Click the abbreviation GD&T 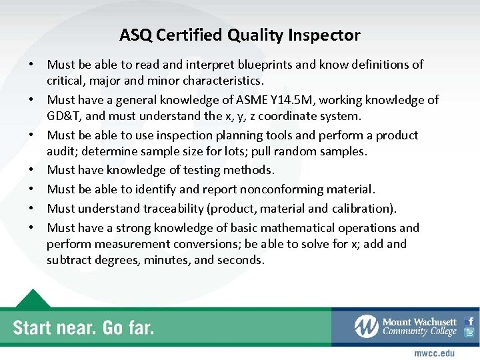point(63,117)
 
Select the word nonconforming point(289,189)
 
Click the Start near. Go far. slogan point(83,328)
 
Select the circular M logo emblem point(367,327)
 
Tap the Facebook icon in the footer point(469,321)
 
